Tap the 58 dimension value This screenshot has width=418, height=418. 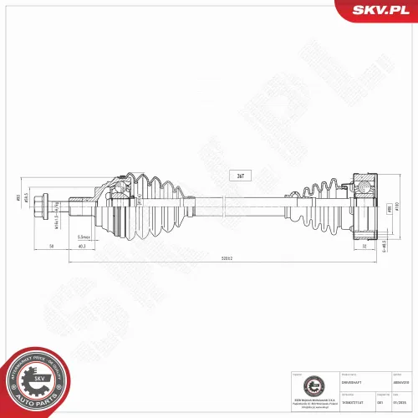click(52, 247)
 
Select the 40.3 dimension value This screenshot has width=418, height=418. click(82, 247)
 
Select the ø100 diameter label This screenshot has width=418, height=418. click(398, 206)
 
